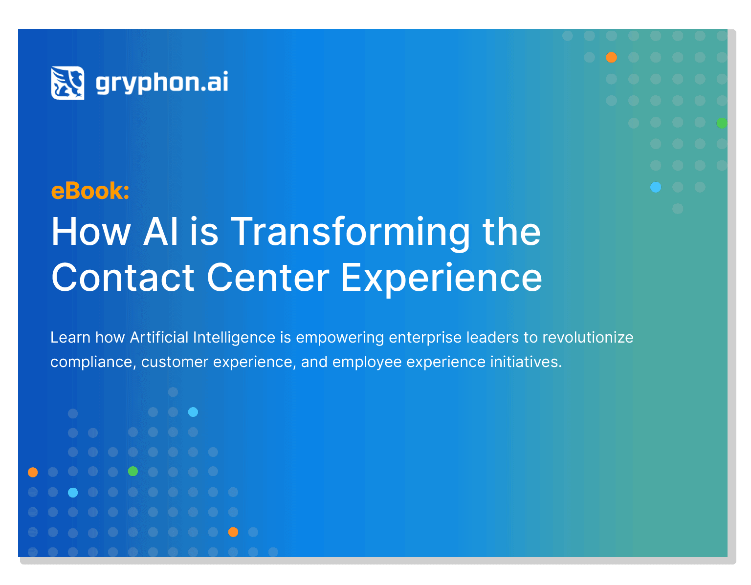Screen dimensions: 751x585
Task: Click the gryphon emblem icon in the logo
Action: tap(67, 83)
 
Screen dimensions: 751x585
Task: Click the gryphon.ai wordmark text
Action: tap(161, 82)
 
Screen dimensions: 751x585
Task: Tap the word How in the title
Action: tap(91, 231)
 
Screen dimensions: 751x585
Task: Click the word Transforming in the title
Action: tap(350, 233)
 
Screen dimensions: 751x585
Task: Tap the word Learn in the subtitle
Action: tap(70, 337)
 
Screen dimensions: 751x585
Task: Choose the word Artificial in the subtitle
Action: tap(159, 337)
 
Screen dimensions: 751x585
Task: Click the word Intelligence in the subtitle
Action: tap(234, 337)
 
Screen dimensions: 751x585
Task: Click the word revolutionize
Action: tap(587, 337)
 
